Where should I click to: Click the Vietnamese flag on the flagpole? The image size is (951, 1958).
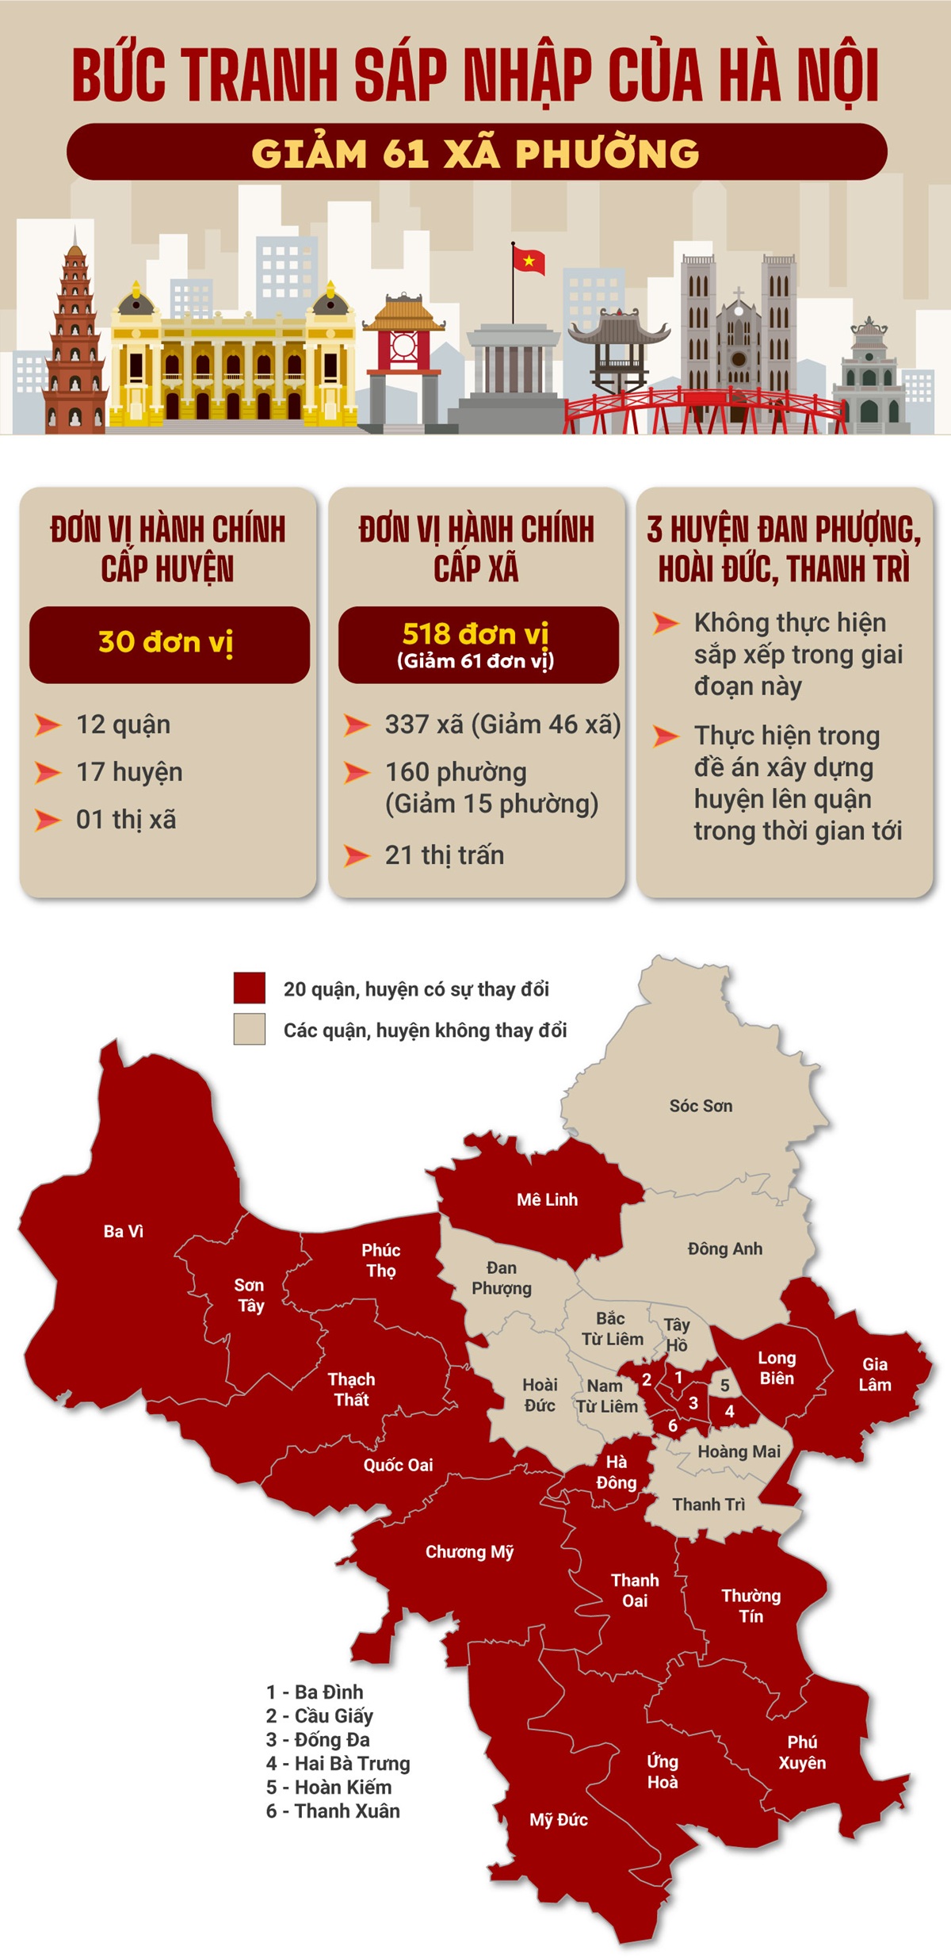pyautogui.click(x=529, y=260)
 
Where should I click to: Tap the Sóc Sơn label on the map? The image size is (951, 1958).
pyautogui.click(x=701, y=1106)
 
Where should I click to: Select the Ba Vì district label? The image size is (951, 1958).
pyautogui.click(x=124, y=1231)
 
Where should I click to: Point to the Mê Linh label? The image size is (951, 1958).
pyautogui.click(x=547, y=1199)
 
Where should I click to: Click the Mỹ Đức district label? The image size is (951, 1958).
pyautogui.click(x=559, y=1820)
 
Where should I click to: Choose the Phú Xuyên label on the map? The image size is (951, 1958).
pyautogui.click(x=802, y=1752)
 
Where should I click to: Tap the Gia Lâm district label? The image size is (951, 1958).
pyautogui.click(x=875, y=1374)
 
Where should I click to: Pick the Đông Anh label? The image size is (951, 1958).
pyautogui.click(x=724, y=1249)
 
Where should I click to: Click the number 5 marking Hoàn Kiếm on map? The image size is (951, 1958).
pyautogui.click(x=724, y=1386)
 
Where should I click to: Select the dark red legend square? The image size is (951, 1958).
pyautogui.click(x=250, y=988)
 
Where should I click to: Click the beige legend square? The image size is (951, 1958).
pyautogui.click(x=250, y=1029)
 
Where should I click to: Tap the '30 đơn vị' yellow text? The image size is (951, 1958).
pyautogui.click(x=166, y=642)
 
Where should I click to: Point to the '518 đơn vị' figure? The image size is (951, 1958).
pyautogui.click(x=475, y=634)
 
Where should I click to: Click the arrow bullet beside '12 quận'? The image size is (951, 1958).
pyautogui.click(x=48, y=725)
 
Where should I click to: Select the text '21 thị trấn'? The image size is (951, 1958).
pyautogui.click(x=444, y=855)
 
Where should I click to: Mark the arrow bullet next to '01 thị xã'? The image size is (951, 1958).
pyautogui.click(x=48, y=820)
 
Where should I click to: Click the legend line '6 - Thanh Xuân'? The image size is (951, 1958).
pyautogui.click(x=333, y=1811)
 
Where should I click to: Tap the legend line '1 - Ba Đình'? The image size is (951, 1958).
pyautogui.click(x=315, y=1692)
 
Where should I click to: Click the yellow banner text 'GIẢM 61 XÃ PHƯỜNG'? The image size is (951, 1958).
pyautogui.click(x=475, y=153)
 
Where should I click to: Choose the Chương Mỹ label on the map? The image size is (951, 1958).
pyautogui.click(x=469, y=1551)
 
